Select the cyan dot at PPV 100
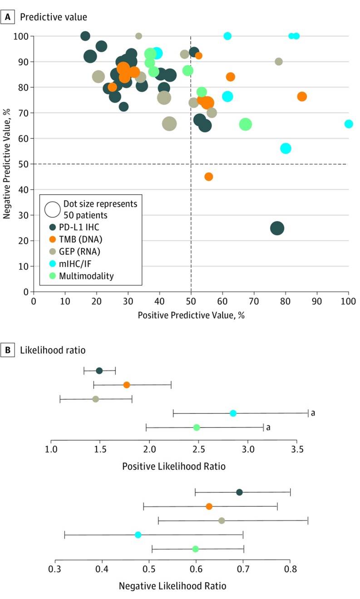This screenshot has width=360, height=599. [x=349, y=124]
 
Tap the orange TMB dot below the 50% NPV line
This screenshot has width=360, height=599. [x=208, y=177]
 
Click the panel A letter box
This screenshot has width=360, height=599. [x=7, y=17]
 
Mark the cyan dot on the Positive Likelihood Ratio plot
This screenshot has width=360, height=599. [x=233, y=413]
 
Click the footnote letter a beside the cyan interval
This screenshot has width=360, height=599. [x=313, y=413]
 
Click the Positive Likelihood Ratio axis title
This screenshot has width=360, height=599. [x=173, y=466]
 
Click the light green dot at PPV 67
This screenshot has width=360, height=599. [x=245, y=124]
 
